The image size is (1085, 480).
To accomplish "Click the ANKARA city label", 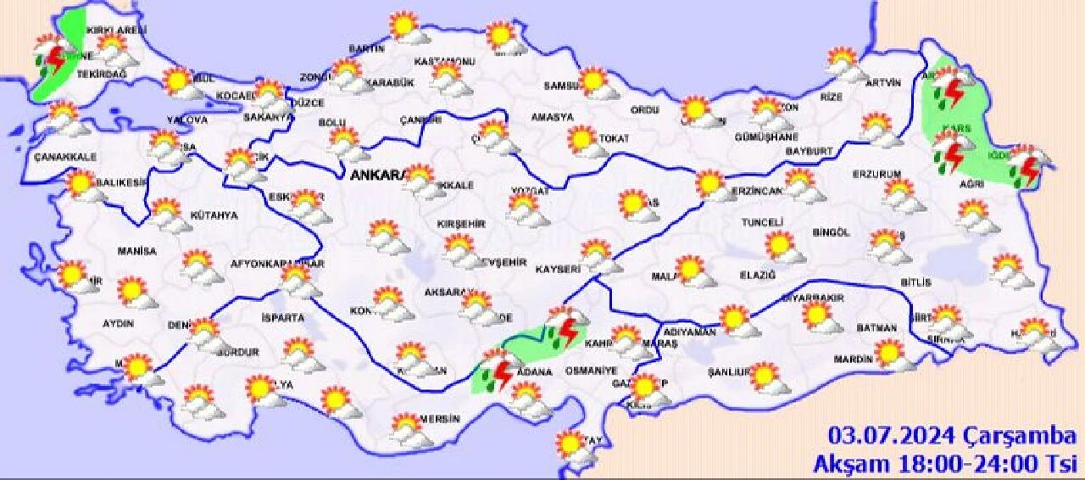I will [x=376, y=176].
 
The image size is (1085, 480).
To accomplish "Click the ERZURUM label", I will [x=876, y=175].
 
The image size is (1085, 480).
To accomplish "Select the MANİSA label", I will [x=137, y=252].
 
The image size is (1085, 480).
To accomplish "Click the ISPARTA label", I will [x=283, y=318].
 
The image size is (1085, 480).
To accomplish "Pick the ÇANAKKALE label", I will [x=65, y=158].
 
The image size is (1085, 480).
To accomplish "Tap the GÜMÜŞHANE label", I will [x=766, y=137].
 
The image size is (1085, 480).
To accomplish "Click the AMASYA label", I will [x=552, y=118].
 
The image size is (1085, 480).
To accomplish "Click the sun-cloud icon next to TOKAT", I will [x=584, y=142].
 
